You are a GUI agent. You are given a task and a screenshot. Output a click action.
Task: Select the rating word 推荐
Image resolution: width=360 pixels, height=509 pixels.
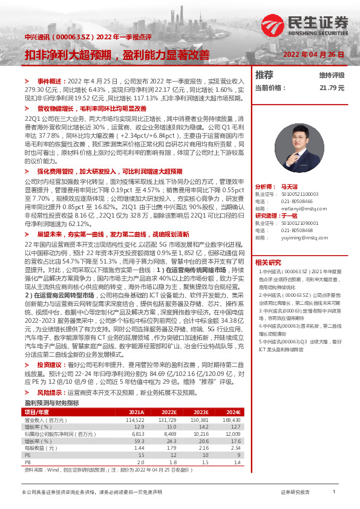pos(264,75)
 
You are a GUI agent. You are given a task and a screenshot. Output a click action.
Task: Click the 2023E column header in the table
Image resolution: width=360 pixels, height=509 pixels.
pos(201,411)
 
